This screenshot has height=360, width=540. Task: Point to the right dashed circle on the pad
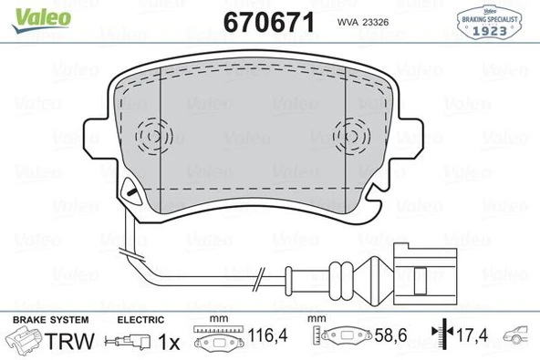click(353, 138)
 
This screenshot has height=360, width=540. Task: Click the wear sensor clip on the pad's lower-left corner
click(129, 191)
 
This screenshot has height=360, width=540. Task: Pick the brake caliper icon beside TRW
click(25, 342)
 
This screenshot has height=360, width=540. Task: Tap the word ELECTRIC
click(140, 320)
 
